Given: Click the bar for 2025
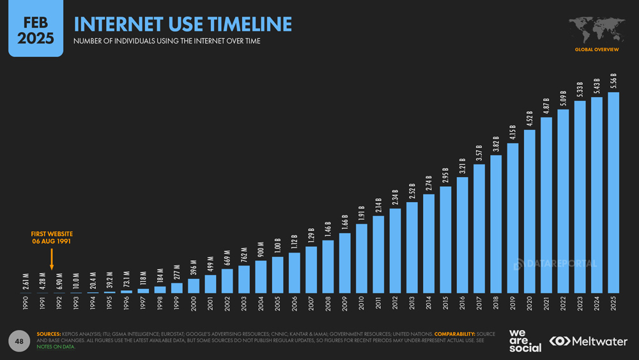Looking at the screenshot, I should coord(613,192).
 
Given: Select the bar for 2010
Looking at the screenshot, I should coord(362,258).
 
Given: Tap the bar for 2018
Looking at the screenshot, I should coord(496,224).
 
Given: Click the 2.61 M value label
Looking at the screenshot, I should coord(25,281).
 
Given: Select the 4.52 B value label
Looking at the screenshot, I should coord(530,118).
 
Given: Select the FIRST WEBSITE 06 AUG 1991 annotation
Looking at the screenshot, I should coord(52,238).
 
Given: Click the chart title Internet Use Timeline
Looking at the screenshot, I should coord(183,24).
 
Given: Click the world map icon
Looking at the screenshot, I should coord(596,29).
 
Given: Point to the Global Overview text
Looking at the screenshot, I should coord(596,49).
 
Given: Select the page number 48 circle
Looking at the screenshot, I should coord(20,341).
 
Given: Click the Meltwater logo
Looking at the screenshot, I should coord(589,341).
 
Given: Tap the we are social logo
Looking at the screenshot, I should coord(525,341).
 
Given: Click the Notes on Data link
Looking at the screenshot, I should coord(56,347).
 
